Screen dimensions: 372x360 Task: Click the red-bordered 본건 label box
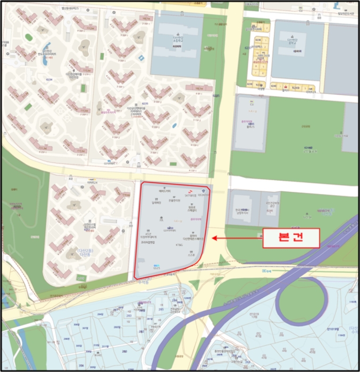coord(290,238)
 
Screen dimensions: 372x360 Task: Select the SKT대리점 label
coord(190,196)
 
